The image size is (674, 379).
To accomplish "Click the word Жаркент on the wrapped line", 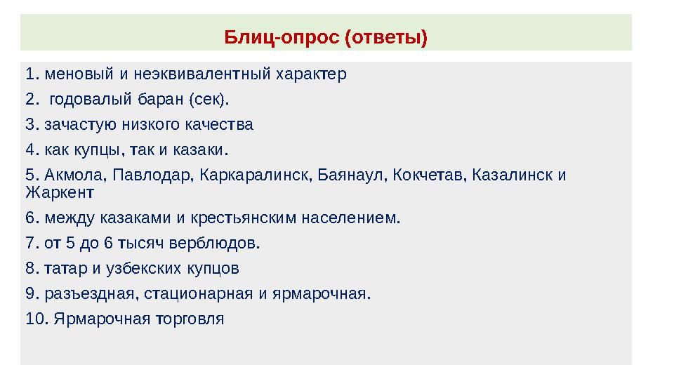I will tap(59, 191).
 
